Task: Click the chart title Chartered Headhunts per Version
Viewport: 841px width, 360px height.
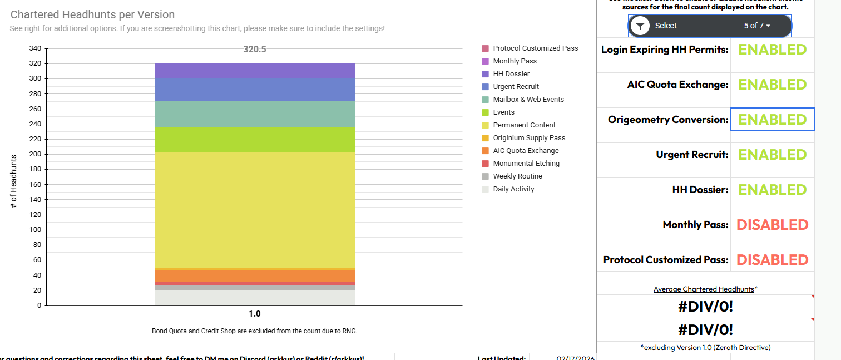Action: point(92,15)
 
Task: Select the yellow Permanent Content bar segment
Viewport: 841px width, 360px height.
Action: point(255,210)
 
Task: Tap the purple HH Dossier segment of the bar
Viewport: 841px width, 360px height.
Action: point(255,71)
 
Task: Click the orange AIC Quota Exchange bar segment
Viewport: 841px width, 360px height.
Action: point(255,276)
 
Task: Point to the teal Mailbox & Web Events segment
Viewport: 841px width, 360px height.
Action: point(255,114)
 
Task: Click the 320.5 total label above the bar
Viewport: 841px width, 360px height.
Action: point(255,49)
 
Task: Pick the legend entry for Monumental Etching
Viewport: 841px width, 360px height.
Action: point(526,164)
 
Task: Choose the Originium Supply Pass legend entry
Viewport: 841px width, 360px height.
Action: point(528,138)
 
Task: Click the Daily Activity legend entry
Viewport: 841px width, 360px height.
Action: point(513,189)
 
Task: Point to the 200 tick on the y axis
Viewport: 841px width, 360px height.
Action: point(35,154)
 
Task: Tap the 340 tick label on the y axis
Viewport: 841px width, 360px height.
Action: point(35,48)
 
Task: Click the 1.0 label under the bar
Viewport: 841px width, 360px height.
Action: point(255,314)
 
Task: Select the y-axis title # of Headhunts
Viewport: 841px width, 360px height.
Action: point(14,182)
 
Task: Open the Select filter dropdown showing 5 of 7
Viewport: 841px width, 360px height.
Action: point(710,26)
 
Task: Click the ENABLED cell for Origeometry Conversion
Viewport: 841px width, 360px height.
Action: point(772,120)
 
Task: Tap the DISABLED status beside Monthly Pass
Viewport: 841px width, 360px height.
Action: point(772,225)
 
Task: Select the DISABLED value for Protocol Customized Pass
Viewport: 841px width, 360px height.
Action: point(772,260)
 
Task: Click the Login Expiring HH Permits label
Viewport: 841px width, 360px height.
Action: point(665,50)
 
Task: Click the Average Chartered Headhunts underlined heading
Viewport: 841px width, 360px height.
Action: point(704,289)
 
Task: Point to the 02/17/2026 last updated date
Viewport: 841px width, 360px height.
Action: point(575,358)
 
